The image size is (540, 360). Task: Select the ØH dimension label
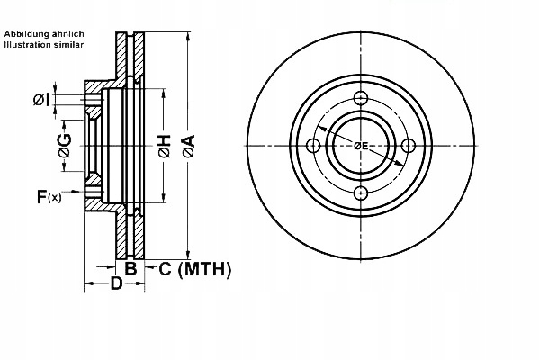164,146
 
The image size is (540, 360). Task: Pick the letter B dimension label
130,268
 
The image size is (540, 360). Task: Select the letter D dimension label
116,285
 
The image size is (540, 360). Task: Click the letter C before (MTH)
164,268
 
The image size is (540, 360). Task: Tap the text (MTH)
206,268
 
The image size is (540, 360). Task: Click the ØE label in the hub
360,146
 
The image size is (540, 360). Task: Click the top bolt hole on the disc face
360,98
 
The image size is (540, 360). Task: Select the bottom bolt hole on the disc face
360,193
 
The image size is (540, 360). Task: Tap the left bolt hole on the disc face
313,146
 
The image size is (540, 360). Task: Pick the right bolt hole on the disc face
408,146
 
